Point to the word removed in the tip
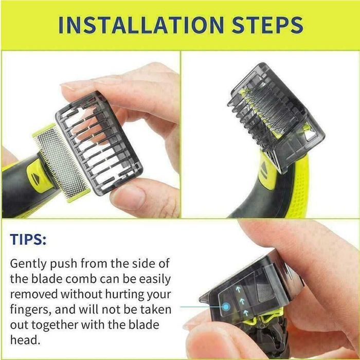click(x=34, y=295)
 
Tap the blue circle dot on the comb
click(x=225, y=308)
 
